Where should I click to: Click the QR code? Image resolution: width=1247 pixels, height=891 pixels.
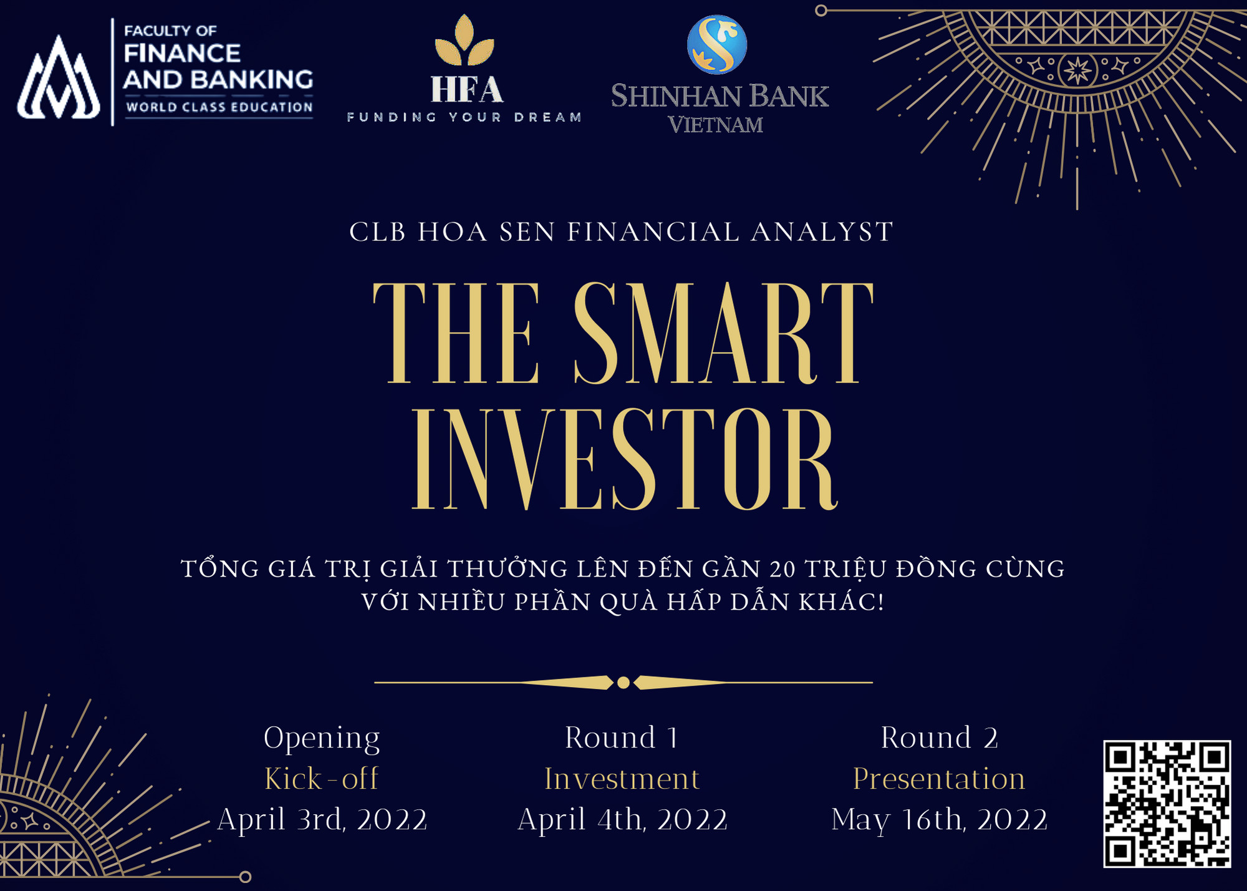click(x=1167, y=804)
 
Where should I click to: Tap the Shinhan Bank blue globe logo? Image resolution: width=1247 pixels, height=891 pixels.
click(x=716, y=44)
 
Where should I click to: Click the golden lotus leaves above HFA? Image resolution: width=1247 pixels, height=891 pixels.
click(x=465, y=42)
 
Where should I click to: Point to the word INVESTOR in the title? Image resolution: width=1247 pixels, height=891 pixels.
click(x=623, y=460)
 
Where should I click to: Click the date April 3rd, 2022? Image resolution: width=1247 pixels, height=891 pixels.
click(x=322, y=819)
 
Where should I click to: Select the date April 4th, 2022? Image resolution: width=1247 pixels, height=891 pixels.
click(x=622, y=819)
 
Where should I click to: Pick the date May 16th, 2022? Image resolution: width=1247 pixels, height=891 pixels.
click(x=939, y=819)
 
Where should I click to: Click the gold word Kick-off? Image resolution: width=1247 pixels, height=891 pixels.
click(x=321, y=779)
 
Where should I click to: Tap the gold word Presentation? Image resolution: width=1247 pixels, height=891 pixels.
click(x=939, y=779)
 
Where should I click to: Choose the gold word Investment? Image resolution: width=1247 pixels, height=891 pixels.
click(x=622, y=779)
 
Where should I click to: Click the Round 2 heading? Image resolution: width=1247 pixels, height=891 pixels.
click(x=939, y=738)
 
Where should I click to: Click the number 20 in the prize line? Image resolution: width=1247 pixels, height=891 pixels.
click(x=782, y=569)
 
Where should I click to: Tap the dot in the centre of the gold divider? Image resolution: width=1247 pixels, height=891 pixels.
click(x=623, y=683)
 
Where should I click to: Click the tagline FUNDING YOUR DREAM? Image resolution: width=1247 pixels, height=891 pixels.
click(x=464, y=117)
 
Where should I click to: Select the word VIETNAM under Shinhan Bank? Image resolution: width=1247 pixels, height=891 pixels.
click(x=716, y=125)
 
